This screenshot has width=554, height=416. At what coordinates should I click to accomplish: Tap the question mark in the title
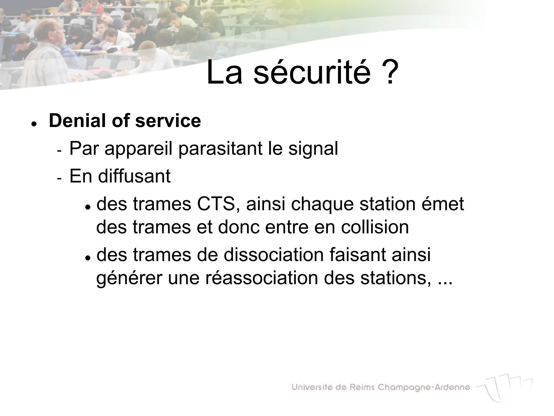pos(390,72)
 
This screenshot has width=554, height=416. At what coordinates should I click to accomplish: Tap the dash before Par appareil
pos(59,151)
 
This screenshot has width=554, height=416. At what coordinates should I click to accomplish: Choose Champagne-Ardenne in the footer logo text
pos(424,388)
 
